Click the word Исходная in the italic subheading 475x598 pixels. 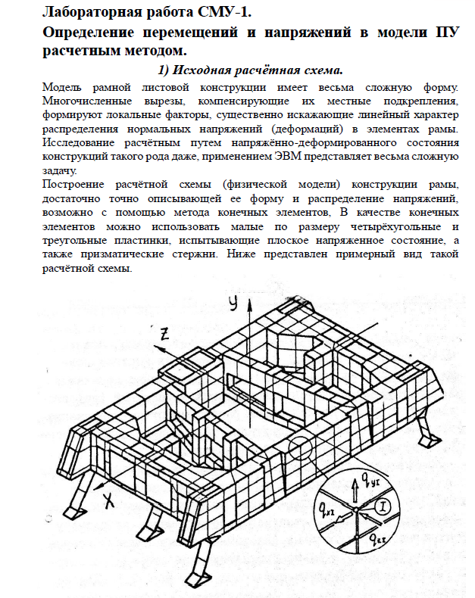(x=211, y=71)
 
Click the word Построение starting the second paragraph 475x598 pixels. (x=77, y=184)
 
